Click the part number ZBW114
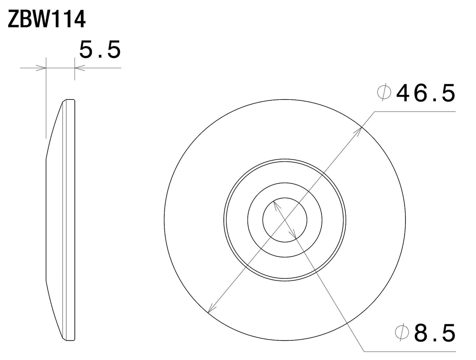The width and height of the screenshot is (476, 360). click(46, 20)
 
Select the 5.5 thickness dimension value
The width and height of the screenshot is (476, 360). click(100, 50)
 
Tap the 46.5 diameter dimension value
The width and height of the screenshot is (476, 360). click(425, 93)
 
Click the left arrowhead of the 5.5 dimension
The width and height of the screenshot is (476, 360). click(41, 68)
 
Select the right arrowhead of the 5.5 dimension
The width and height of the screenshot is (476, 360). click(80, 68)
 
